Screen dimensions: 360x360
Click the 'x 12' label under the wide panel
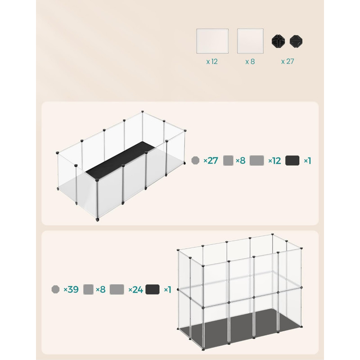coord(212,62)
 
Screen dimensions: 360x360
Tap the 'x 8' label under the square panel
coord(250,62)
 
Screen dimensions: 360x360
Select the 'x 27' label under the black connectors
coord(288,61)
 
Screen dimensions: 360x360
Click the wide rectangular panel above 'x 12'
coord(212,41)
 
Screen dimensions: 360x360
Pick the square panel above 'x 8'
coord(250,41)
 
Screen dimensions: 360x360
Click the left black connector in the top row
coord(278,41)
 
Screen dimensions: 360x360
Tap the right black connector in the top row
coord(296,41)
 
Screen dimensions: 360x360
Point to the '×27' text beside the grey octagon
coord(211,161)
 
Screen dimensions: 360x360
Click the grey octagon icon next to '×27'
coord(195,161)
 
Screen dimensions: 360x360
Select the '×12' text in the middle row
coord(274,161)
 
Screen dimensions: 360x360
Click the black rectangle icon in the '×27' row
coord(292,161)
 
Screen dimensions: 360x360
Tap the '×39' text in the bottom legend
coord(71,289)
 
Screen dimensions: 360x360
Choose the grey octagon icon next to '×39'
coord(55,289)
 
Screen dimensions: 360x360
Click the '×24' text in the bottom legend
coord(136,289)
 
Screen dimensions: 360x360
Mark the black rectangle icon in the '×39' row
coord(153,289)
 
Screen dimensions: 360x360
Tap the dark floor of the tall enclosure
coord(241,326)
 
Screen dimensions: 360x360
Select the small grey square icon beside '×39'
coord(88,289)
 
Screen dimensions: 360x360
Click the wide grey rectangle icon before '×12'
coord(256,161)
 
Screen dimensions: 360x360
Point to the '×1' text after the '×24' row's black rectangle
coord(167,289)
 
